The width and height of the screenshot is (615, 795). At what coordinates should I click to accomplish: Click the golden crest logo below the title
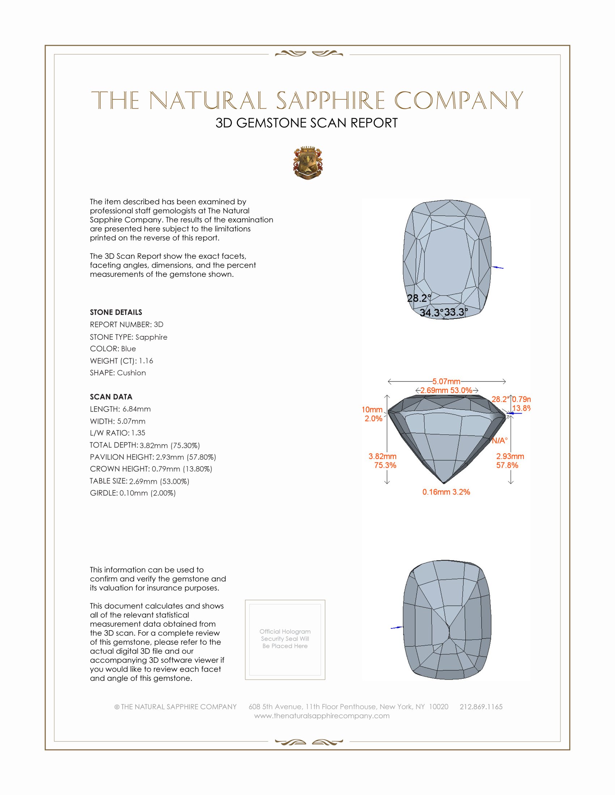(x=308, y=163)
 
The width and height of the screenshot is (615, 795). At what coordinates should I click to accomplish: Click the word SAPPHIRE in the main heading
(x=330, y=100)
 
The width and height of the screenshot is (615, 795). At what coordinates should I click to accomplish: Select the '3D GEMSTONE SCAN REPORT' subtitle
(x=306, y=123)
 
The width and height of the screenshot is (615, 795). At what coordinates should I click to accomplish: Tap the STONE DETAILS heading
(x=116, y=312)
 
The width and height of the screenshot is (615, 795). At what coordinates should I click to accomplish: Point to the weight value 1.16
(x=146, y=361)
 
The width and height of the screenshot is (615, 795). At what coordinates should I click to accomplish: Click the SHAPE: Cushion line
(x=118, y=373)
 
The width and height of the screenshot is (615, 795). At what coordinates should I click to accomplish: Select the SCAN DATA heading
(x=111, y=397)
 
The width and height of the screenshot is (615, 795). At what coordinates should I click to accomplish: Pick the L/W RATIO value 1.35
(x=138, y=433)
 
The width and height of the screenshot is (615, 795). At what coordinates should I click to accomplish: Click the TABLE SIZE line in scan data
(x=139, y=481)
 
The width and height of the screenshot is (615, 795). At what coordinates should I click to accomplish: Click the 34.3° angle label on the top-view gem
(x=431, y=313)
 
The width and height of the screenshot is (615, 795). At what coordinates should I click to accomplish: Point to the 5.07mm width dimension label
(x=446, y=382)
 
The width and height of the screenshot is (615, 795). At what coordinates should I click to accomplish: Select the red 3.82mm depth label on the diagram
(x=382, y=456)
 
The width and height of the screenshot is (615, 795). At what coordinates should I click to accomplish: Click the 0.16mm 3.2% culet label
(x=446, y=492)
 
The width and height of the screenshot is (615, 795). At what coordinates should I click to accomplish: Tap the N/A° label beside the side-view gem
(x=500, y=441)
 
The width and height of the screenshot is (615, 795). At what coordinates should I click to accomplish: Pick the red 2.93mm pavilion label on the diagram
(x=510, y=456)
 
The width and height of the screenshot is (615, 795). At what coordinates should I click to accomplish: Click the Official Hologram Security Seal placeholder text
(x=285, y=639)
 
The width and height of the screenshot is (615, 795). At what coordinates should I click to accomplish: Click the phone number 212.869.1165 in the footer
(x=481, y=706)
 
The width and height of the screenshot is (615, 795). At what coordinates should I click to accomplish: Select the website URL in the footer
(x=322, y=715)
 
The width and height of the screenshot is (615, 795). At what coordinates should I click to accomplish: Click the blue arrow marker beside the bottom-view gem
(x=396, y=628)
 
